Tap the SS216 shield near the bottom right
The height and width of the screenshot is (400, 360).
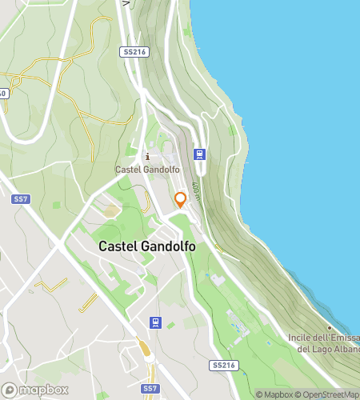(x=225, y=365)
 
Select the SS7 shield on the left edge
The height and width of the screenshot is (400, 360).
(x=20, y=198)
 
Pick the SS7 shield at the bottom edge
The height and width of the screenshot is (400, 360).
(x=150, y=389)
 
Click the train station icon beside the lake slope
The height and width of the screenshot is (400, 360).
(x=199, y=154)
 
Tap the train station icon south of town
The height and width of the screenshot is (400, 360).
(x=155, y=322)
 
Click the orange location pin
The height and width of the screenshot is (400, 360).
(x=181, y=199)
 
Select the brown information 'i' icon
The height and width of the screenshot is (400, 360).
(x=146, y=156)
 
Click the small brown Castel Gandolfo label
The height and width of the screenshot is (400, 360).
(x=146, y=170)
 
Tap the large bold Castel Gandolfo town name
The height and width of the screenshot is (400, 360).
(x=147, y=247)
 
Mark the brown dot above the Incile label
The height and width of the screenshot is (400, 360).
(x=329, y=327)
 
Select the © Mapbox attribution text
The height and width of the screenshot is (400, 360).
(x=274, y=394)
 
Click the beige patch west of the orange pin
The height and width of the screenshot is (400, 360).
(x=111, y=210)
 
